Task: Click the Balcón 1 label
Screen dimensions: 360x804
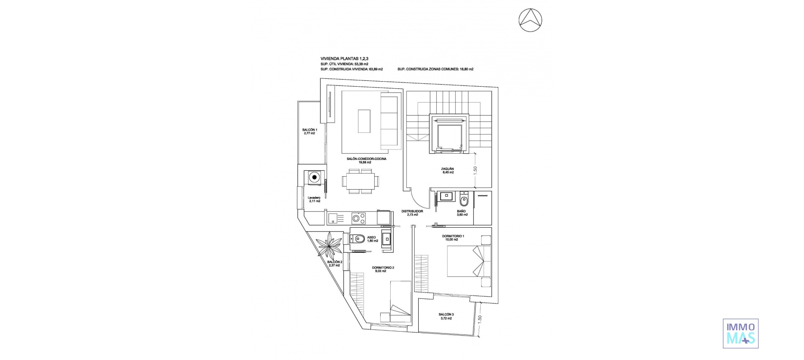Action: coord(310,131)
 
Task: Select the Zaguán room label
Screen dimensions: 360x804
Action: coord(447,170)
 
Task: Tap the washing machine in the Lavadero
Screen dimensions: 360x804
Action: coord(314,178)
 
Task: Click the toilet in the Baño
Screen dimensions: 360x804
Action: coord(464,200)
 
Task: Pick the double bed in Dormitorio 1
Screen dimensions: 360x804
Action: coord(468,261)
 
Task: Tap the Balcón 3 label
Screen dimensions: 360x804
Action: coord(446,316)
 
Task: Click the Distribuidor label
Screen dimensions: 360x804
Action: coord(412,213)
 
